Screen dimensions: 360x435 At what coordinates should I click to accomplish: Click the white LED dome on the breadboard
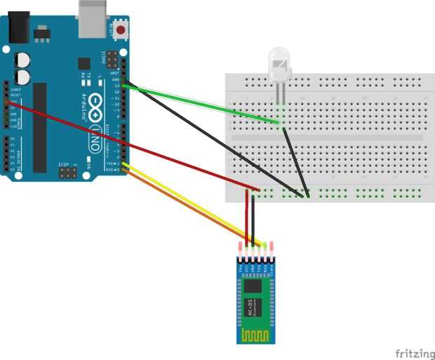279,64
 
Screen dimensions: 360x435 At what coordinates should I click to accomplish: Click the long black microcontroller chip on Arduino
40,126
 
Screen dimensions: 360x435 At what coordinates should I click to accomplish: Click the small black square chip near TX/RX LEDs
85,63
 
